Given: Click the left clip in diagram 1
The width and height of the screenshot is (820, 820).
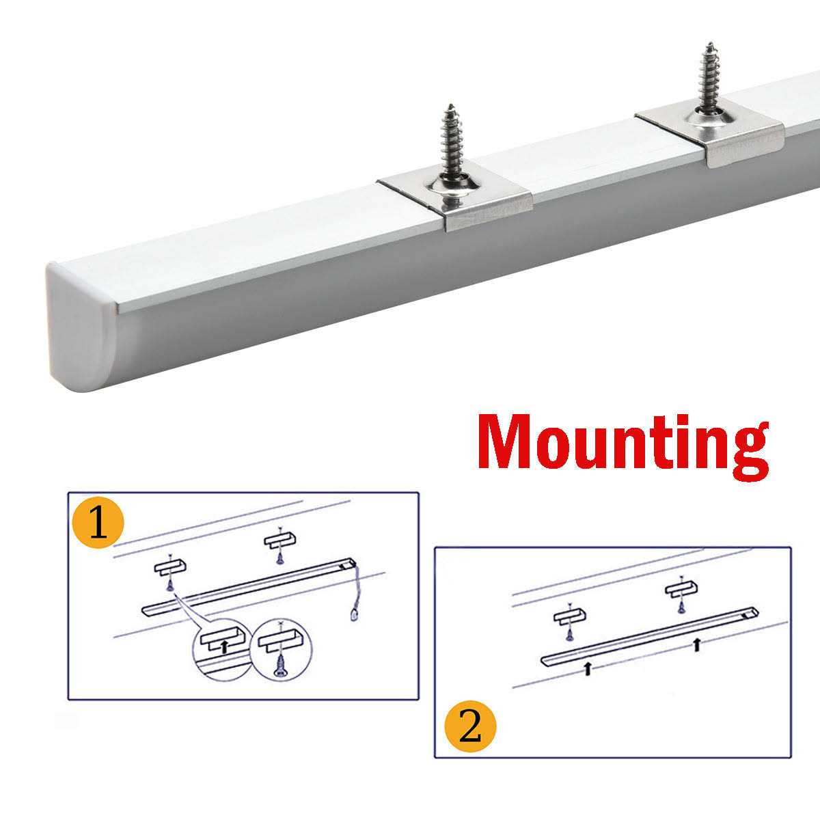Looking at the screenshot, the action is [x=170, y=568].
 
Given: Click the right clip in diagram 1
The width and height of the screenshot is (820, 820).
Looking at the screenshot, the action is [x=280, y=539].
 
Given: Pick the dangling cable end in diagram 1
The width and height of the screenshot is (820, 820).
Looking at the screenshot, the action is [x=353, y=615].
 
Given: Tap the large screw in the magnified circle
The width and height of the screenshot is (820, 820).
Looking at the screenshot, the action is [x=280, y=667].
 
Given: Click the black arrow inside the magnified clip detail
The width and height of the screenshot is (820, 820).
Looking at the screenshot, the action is [x=224, y=647].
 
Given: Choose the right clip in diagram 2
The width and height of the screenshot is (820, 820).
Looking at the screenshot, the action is [x=681, y=588].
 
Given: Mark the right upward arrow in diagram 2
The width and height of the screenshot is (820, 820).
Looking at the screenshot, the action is [x=696, y=644].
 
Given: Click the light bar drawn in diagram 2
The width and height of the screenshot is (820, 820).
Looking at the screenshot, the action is [x=650, y=635].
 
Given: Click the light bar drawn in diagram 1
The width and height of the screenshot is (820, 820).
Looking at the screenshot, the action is [x=249, y=586].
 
